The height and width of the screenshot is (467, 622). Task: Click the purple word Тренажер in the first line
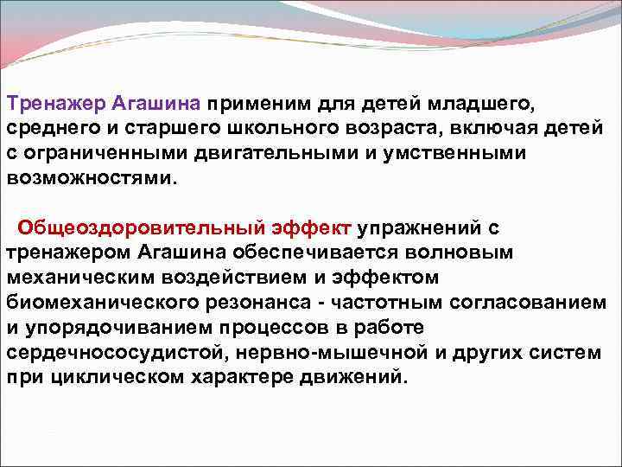(56, 104)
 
